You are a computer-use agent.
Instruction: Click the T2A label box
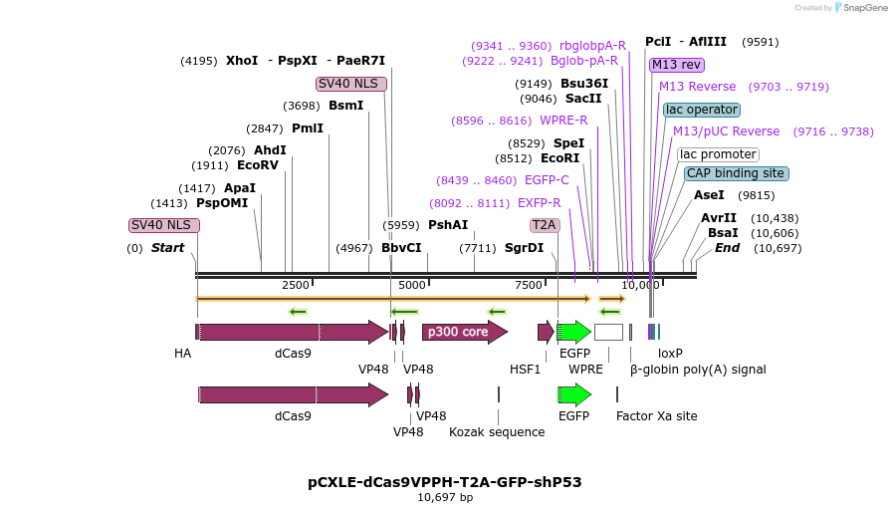544,225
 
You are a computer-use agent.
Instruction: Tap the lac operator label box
702,110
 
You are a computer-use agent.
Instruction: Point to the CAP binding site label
736,173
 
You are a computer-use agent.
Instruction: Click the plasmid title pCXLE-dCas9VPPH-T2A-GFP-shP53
444,481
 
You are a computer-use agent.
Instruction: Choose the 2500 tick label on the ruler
296,285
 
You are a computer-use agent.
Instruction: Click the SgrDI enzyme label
524,248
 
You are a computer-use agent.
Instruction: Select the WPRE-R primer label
563,121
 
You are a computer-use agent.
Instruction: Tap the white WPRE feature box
608,332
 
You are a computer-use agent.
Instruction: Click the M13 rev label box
676,65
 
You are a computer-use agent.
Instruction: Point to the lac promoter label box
718,154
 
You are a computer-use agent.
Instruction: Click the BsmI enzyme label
345,106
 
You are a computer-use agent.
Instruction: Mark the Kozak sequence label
497,432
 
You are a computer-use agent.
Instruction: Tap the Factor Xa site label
656,416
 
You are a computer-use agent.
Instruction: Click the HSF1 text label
525,369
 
